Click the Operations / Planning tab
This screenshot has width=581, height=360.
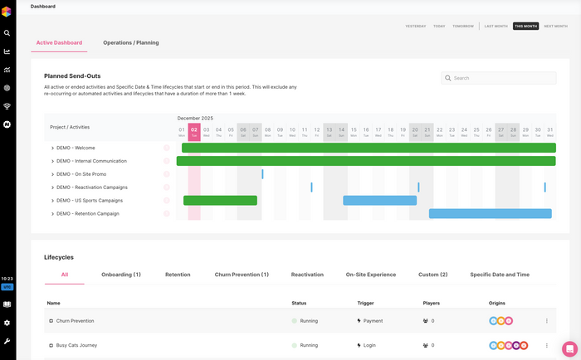click(130, 42)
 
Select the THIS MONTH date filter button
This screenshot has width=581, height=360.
click(525, 27)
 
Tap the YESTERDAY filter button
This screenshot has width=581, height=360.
click(416, 27)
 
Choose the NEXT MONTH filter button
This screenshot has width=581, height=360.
click(555, 27)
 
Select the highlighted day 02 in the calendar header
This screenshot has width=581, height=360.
click(194, 131)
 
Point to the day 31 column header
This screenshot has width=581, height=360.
click(549, 131)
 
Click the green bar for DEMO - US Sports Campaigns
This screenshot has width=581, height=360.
click(220, 201)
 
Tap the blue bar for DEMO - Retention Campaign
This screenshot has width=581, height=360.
click(490, 214)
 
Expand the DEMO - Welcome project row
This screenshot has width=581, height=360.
click(52, 148)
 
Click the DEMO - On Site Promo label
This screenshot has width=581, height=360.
click(81, 174)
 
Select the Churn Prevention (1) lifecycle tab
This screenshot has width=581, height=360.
click(242, 275)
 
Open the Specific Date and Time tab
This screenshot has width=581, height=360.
click(499, 275)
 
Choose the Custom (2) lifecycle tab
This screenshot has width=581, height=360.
click(432, 275)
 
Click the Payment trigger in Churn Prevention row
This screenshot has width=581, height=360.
click(373, 320)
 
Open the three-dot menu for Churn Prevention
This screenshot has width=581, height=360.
click(546, 321)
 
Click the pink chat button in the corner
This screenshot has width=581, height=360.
click(569, 348)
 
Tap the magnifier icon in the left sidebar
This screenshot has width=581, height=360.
click(7, 33)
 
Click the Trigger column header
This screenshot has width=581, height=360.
click(366, 303)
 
